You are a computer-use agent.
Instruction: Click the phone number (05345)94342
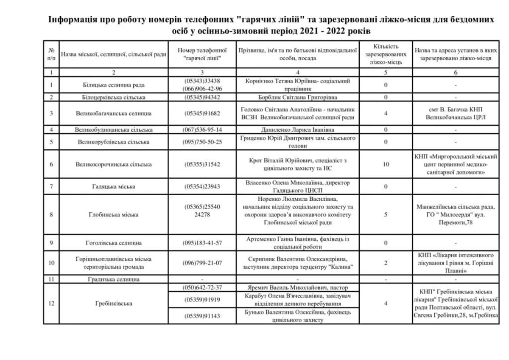(x=201, y=97)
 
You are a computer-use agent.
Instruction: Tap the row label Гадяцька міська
(x=114, y=186)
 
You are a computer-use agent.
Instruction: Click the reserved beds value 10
(x=386, y=164)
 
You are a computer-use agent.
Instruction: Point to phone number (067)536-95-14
(x=202, y=129)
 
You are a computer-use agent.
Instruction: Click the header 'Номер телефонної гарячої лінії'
(x=202, y=54)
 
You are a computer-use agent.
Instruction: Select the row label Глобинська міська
(x=114, y=214)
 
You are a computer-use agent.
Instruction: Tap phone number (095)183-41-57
(x=202, y=243)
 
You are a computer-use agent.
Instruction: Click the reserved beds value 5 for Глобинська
(x=386, y=214)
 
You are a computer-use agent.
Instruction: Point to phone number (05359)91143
(x=202, y=316)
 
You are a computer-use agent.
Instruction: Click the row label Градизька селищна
(x=114, y=279)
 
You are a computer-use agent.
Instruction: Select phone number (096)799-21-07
(x=202, y=263)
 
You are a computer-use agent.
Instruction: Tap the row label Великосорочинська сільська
(x=114, y=164)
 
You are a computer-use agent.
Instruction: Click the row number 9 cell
(x=51, y=243)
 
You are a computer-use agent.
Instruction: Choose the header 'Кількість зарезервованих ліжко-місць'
(x=386, y=54)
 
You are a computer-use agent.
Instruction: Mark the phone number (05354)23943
(x=202, y=186)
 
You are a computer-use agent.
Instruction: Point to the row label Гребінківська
(x=114, y=304)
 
